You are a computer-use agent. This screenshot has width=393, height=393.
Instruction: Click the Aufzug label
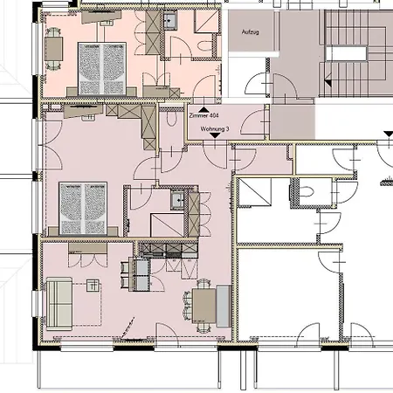[x=251, y=31]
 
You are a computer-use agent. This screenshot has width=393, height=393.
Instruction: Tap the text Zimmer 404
[x=203, y=115]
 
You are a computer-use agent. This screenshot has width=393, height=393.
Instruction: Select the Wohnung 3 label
[x=215, y=128]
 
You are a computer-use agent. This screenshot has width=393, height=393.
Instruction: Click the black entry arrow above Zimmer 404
[x=203, y=109]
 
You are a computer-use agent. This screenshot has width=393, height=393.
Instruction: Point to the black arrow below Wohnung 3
[x=215, y=135]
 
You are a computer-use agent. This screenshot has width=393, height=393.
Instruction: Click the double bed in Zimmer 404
[x=102, y=69]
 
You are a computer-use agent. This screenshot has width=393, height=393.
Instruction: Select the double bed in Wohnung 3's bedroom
[x=83, y=208]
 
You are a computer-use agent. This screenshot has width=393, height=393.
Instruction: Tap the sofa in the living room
[x=59, y=304]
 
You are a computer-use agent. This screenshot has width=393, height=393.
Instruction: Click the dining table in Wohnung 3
[x=204, y=306]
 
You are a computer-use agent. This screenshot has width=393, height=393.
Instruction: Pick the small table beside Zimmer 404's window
[x=53, y=49]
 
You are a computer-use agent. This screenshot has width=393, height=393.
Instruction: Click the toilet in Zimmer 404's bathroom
[x=205, y=46]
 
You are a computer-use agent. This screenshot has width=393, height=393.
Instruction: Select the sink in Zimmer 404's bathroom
[x=170, y=21]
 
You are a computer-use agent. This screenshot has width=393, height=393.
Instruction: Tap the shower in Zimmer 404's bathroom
[x=206, y=21]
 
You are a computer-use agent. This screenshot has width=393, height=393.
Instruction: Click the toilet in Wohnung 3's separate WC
[x=171, y=118]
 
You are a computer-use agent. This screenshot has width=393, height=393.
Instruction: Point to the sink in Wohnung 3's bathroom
[x=177, y=200]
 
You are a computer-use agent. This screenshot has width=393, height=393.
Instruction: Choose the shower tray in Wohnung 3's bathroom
[x=167, y=225]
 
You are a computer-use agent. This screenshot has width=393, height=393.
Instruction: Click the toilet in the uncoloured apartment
[x=307, y=192]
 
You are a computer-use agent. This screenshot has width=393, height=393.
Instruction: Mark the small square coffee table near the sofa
[x=93, y=286]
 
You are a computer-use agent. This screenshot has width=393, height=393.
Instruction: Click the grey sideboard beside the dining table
[x=224, y=306]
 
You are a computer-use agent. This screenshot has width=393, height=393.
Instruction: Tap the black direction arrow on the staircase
[x=328, y=80]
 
